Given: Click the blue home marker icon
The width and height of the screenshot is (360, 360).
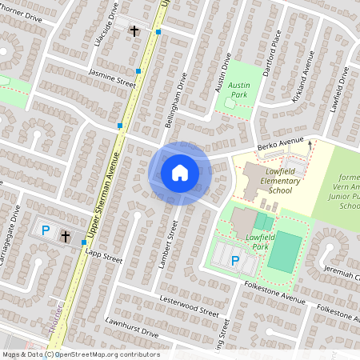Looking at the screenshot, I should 180,172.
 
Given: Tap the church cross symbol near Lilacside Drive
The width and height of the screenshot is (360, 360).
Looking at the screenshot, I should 134,31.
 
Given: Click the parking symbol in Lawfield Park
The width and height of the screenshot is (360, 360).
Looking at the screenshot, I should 234,260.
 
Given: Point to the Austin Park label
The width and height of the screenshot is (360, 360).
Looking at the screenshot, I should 239,88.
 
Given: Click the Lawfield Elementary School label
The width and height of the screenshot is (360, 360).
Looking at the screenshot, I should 274,186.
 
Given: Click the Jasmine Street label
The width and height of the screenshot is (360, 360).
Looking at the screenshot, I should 112,78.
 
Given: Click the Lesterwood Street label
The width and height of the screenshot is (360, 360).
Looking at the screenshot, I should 189,307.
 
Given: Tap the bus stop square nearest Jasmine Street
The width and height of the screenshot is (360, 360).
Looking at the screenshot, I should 138,71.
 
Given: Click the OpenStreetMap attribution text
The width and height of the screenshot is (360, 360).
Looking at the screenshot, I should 80,354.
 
